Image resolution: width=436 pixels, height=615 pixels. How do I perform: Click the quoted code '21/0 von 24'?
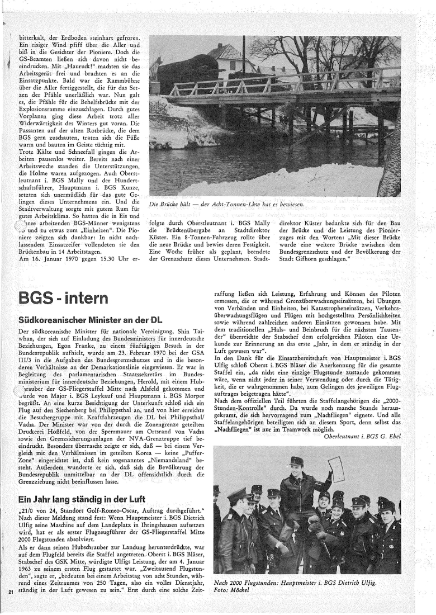(46, 495)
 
